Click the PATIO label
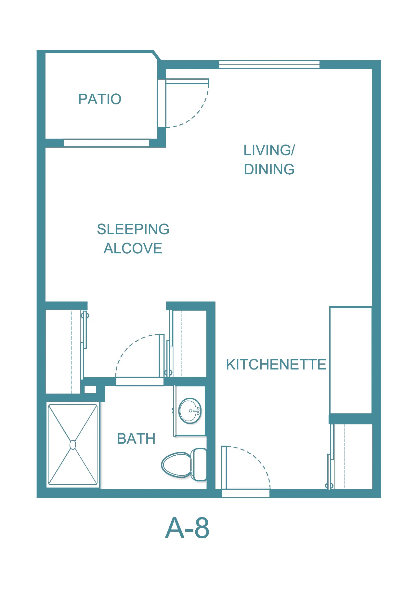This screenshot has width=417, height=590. [100, 99]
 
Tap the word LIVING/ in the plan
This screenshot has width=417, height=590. [269, 150]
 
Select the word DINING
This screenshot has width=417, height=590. [269, 169]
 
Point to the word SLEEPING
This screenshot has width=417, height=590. [133, 229]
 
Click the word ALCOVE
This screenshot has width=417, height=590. [133, 248]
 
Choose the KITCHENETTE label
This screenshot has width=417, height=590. [276, 364]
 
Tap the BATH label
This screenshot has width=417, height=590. [136, 439]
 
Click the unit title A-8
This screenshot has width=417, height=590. [187, 528]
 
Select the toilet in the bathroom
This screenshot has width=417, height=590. [184, 464]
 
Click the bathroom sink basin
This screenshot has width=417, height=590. [190, 411]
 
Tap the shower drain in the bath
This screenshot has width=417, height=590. [73, 445]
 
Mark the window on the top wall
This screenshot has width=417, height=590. [269, 64]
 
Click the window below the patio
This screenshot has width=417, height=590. [106, 143]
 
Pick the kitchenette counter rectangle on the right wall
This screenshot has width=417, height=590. [351, 360]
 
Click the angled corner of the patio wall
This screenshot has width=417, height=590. [157, 56]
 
